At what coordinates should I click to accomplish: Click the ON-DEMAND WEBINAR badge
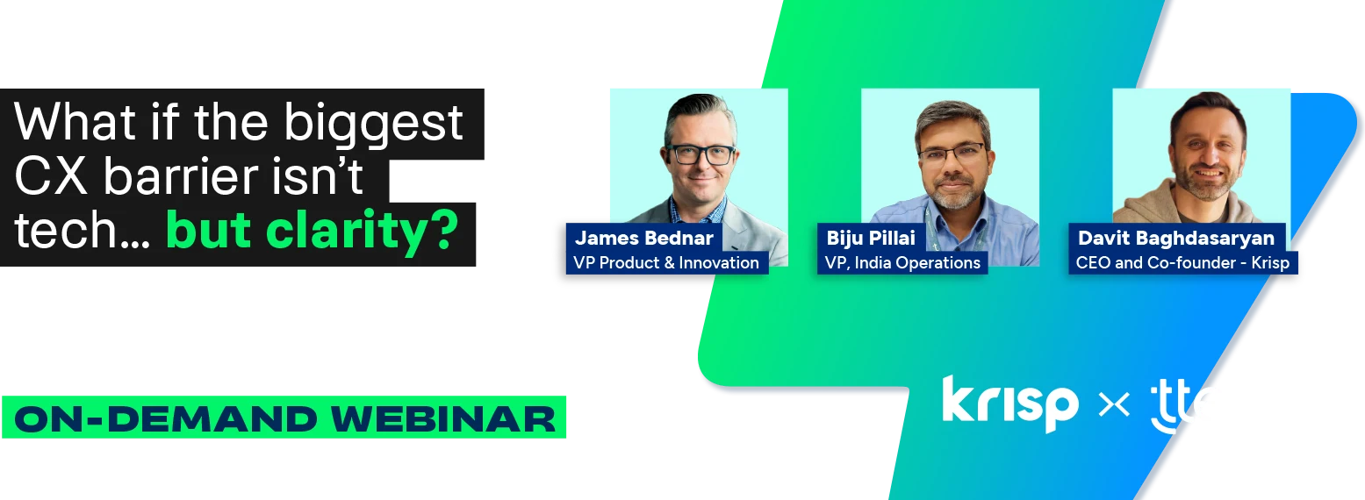pos(284,418)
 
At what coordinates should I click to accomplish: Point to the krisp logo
pos(1009,404)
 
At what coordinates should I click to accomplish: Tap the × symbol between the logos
pos(1114,405)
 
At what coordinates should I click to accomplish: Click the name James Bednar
pos(643,238)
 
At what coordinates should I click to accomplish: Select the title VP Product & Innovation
pos(666,262)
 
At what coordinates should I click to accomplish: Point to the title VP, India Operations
pos(902,262)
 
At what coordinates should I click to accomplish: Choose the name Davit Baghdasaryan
pos(1175,238)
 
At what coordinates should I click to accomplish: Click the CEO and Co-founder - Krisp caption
pos(1182,262)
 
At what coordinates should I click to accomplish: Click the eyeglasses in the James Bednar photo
pos(700,154)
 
